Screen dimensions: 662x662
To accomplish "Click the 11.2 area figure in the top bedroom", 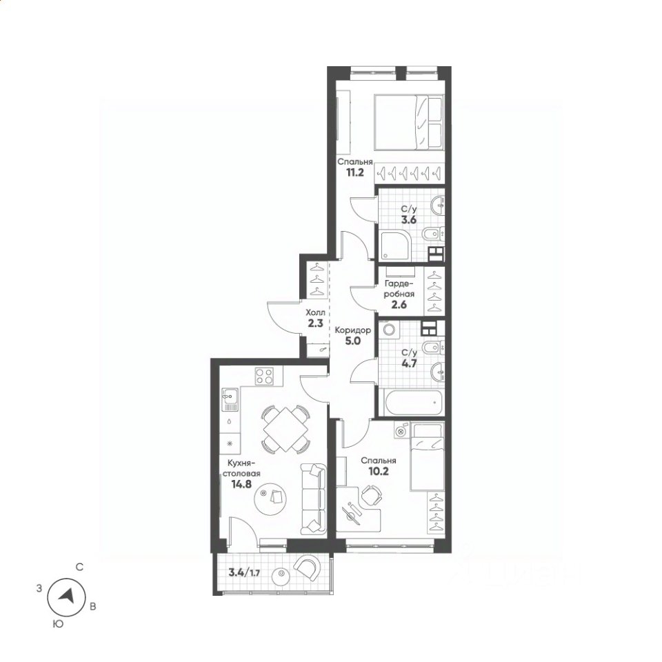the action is tap(355, 172).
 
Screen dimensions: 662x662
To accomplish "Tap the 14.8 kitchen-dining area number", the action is tap(241, 484).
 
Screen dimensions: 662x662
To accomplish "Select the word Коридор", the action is tap(353, 330).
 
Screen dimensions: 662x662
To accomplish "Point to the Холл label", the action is tap(315, 313).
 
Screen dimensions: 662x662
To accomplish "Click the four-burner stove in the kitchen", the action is tap(264, 376).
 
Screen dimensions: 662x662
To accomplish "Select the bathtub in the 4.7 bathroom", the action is tap(412, 403).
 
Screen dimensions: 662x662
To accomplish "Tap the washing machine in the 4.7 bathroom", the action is tap(388, 330).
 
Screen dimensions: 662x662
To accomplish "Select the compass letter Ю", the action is tap(58, 623).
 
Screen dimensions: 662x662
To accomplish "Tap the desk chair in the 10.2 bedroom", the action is tap(370, 494).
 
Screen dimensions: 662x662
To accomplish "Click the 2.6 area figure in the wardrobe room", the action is tap(399, 304).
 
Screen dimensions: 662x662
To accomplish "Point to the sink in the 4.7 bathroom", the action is tap(437, 372).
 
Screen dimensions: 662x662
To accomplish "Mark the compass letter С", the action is tap(79, 568).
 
